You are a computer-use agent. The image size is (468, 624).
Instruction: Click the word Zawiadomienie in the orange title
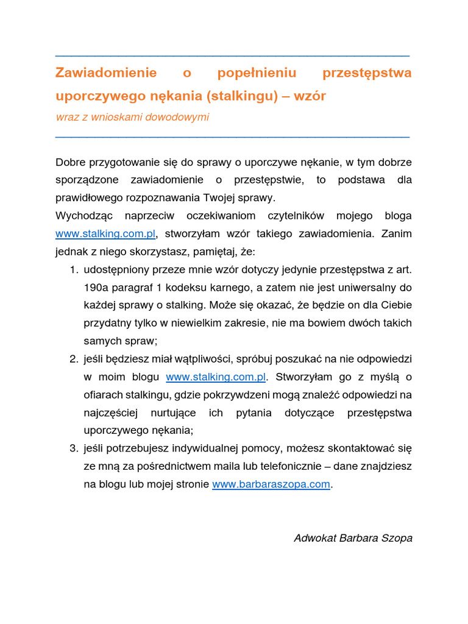105,73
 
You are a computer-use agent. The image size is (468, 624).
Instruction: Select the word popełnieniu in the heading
257,73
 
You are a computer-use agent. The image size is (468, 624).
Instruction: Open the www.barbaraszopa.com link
271,484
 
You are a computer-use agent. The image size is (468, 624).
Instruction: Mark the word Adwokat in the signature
314,538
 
